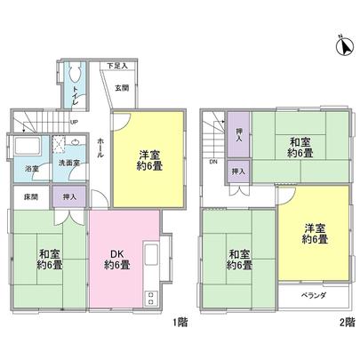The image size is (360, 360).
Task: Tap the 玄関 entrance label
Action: (122, 86)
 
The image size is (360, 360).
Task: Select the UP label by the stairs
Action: (74, 123)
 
